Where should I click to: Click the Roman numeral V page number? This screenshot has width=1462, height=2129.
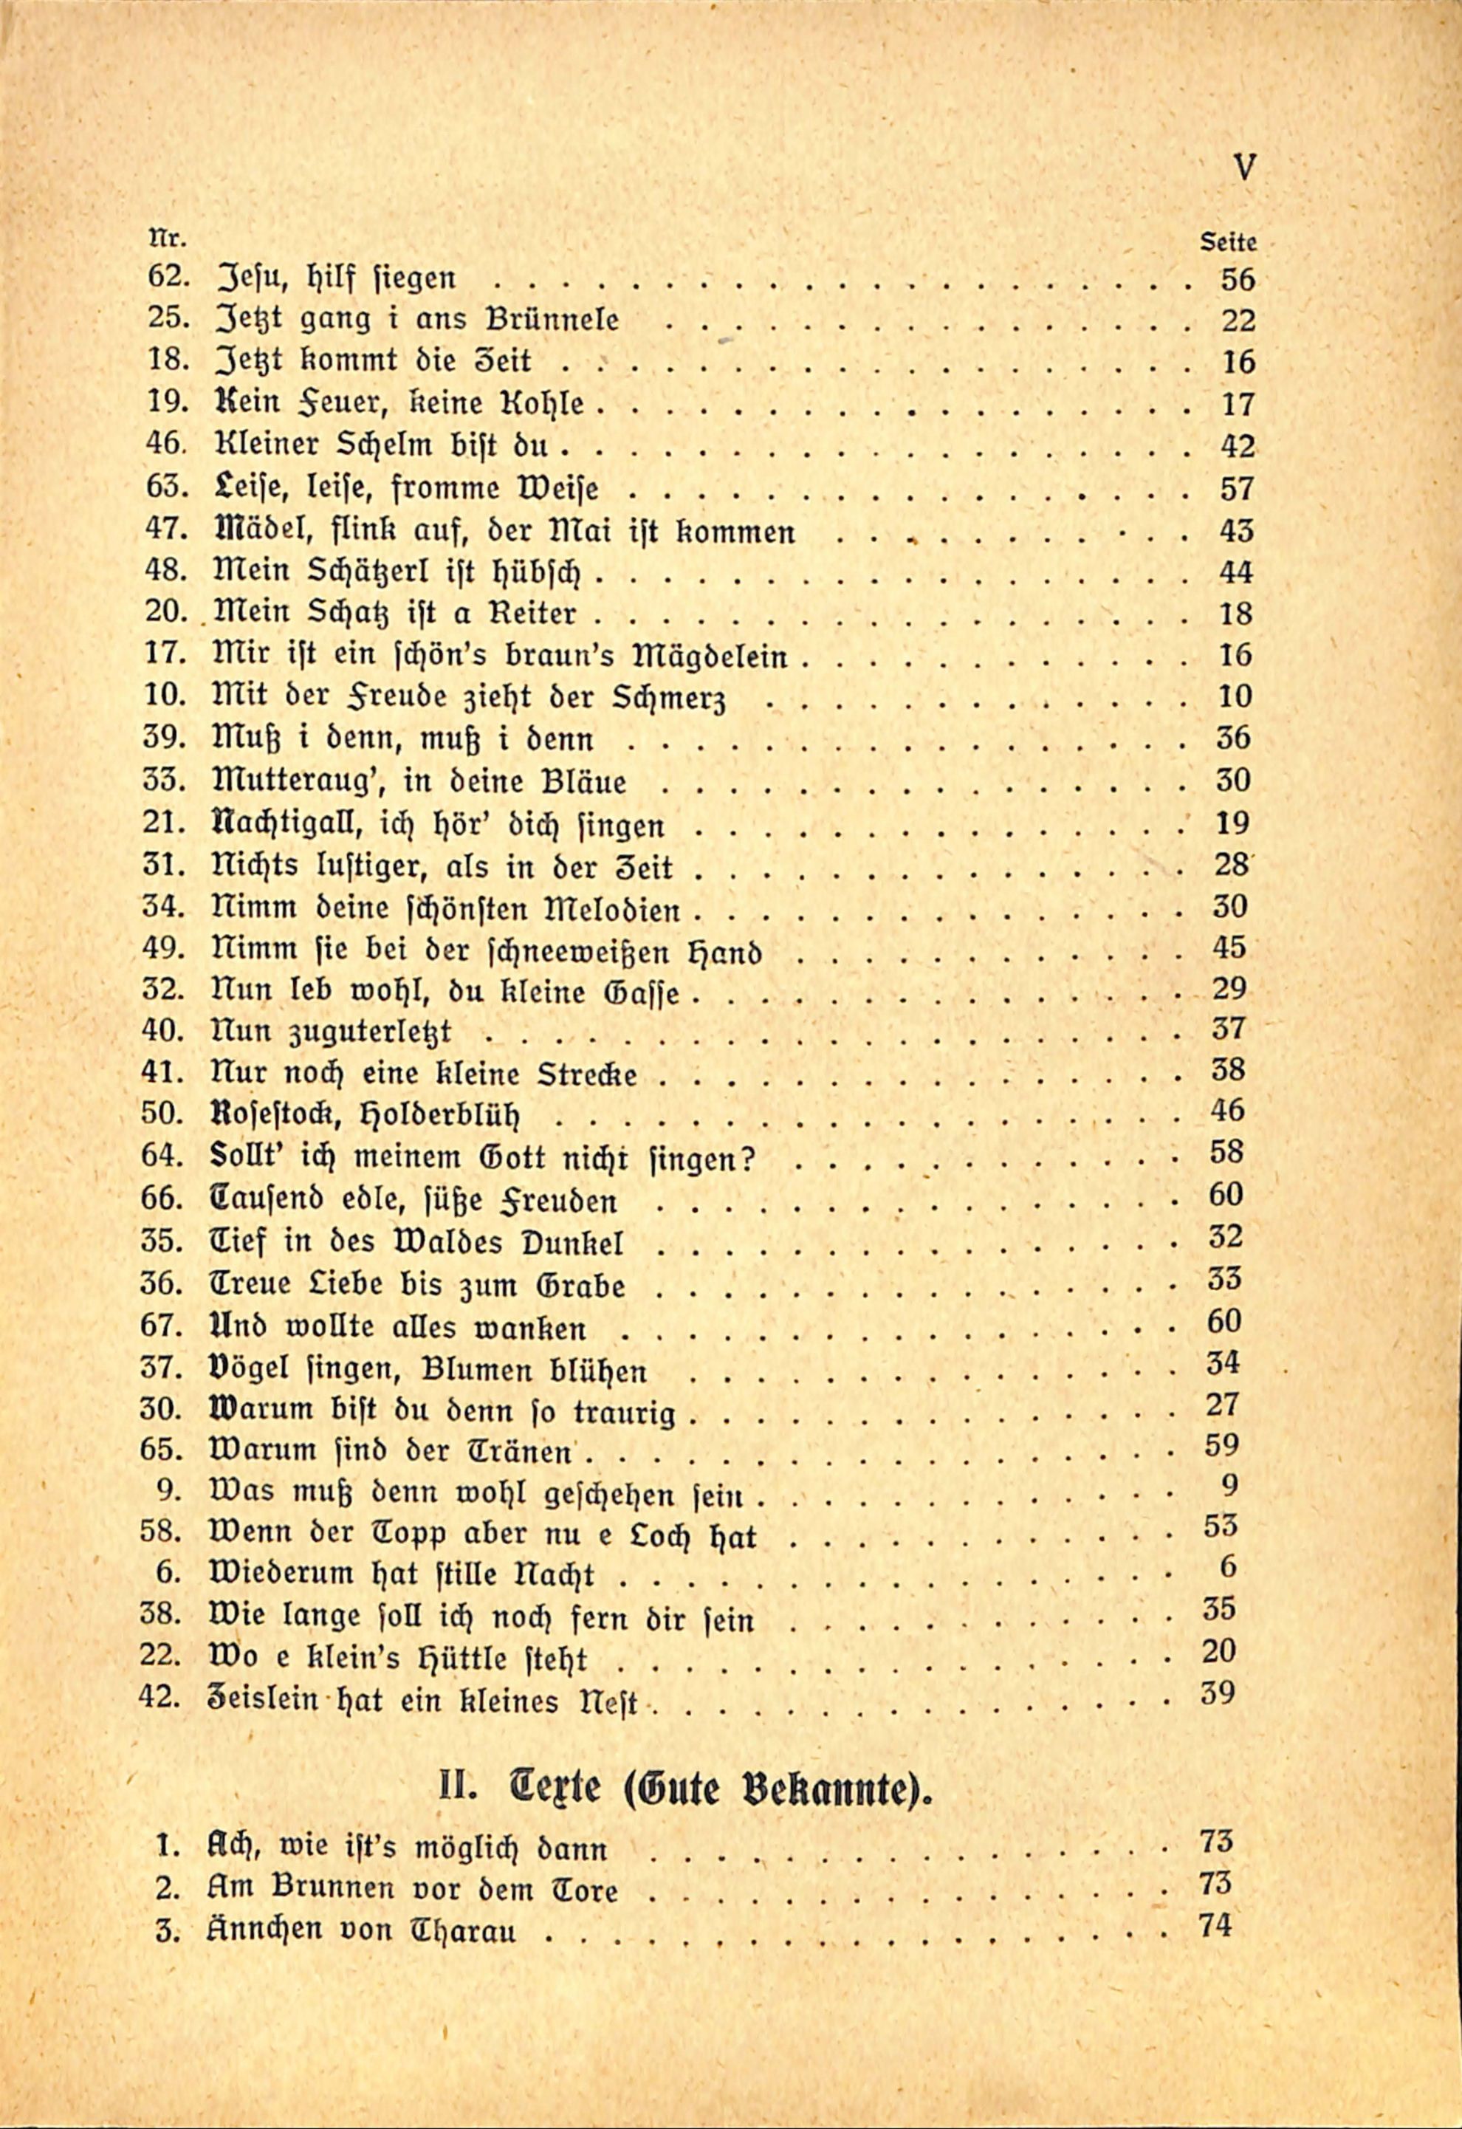[1244, 168]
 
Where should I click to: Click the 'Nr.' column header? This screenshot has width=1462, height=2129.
[167, 240]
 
